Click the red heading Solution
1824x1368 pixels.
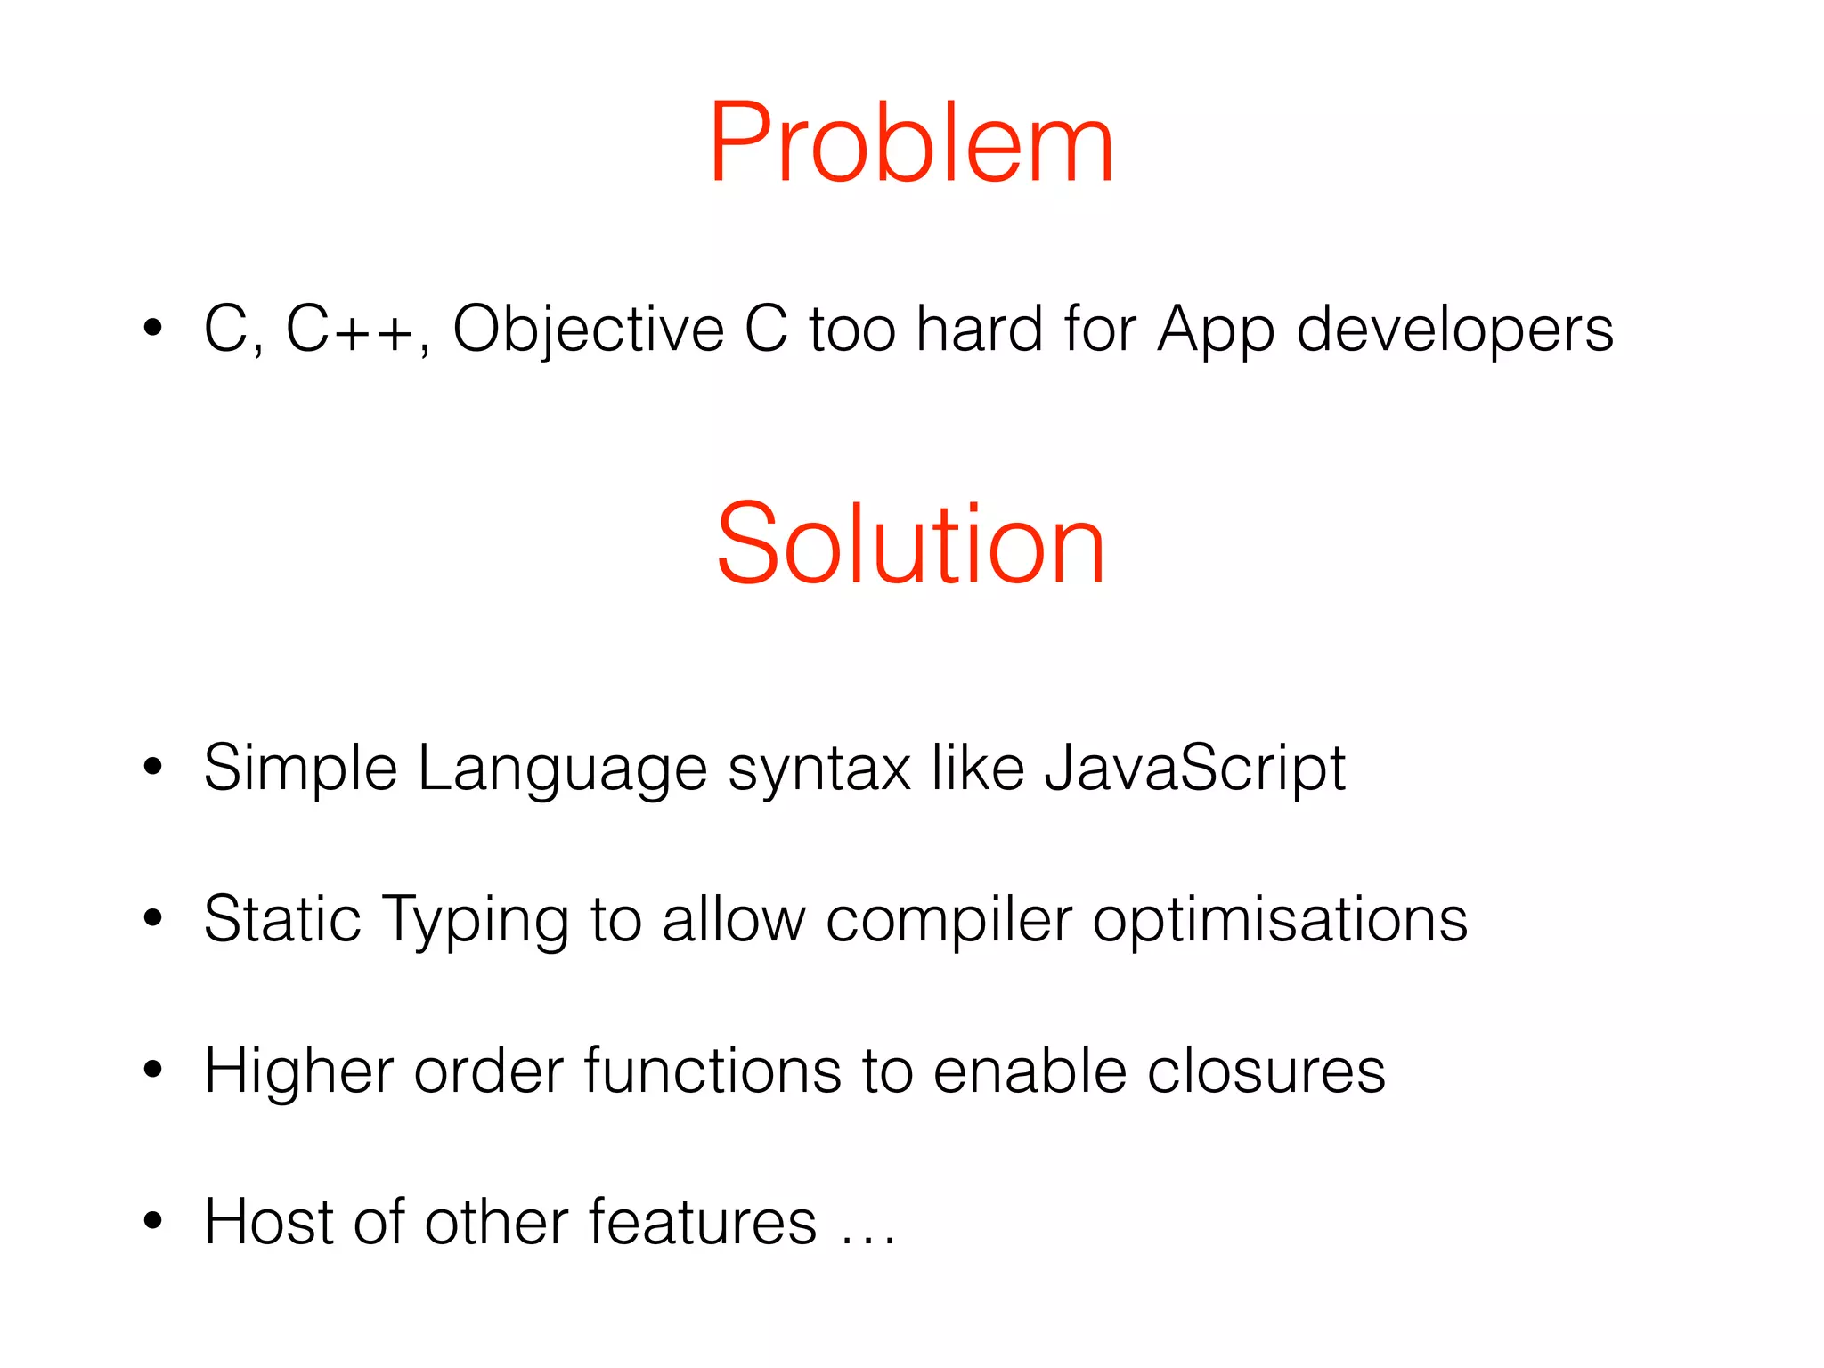[x=910, y=544]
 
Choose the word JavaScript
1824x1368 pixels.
[x=1194, y=769]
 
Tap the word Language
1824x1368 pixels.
[x=562, y=769]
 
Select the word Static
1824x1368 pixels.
[x=281, y=919]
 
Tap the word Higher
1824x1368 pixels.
[x=298, y=1071]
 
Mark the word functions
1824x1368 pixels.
[x=712, y=1071]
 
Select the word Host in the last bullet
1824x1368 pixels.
[x=268, y=1221]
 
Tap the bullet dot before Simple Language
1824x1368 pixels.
[x=153, y=767]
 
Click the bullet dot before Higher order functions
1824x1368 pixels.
[x=153, y=1069]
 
